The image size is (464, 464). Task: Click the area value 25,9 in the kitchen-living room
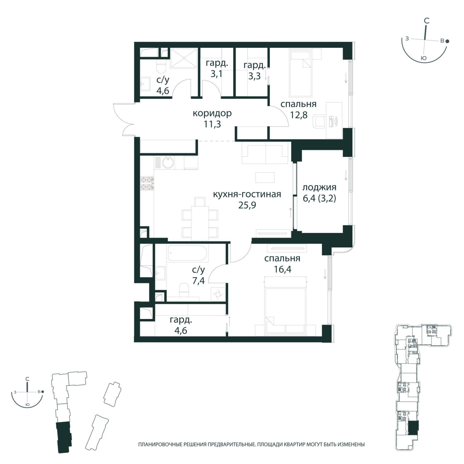[247, 205]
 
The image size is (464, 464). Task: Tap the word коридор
[212, 114]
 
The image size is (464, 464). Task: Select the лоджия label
[319, 188]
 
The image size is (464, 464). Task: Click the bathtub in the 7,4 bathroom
[188, 253]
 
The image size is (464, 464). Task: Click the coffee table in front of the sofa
[265, 178]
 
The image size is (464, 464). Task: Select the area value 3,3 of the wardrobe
[254, 76]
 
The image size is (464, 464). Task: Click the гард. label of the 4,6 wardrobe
[181, 320]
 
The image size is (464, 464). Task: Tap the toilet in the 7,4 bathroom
[184, 290]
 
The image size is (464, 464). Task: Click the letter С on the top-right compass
[427, 21]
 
